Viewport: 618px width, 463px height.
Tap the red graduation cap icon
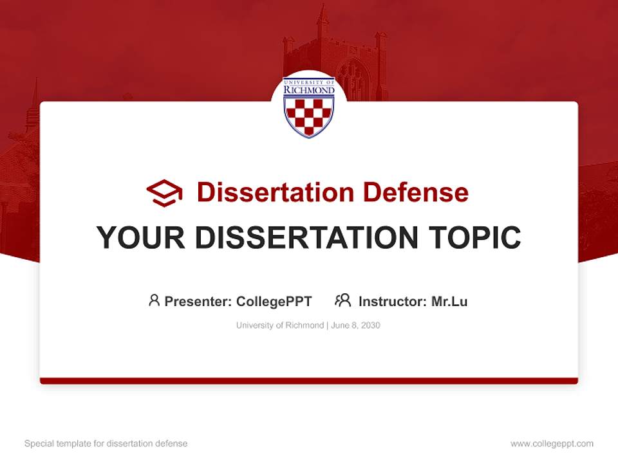(164, 193)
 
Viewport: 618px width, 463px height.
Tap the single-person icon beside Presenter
(154, 300)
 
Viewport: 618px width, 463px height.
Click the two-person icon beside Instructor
(342, 300)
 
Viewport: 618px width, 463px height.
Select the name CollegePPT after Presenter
(274, 302)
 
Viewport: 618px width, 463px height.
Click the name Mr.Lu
(449, 302)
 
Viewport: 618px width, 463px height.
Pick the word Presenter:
(198, 302)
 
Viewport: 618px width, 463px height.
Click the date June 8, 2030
(356, 325)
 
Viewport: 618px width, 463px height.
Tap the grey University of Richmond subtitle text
(280, 325)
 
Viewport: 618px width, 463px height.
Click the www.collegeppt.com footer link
(552, 444)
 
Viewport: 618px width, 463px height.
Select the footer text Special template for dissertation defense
(106, 444)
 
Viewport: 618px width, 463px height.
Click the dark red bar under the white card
(309, 381)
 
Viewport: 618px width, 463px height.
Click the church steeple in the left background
(33, 106)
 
